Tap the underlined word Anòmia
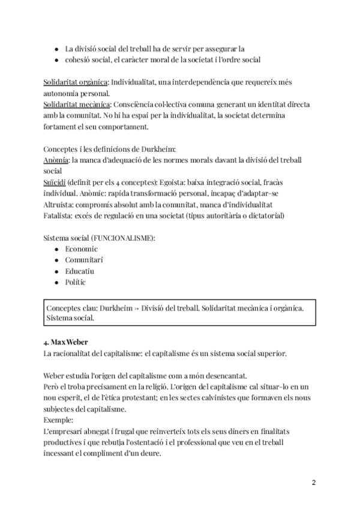pos(56,160)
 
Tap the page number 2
pos(313,483)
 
